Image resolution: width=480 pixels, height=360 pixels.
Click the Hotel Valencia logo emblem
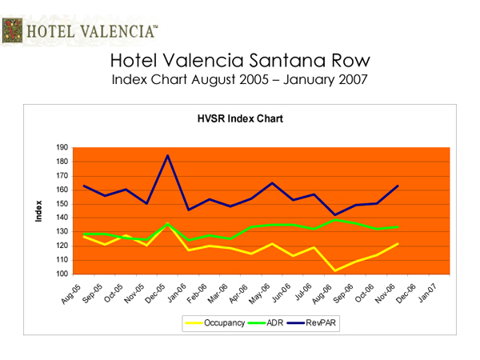coord(13,32)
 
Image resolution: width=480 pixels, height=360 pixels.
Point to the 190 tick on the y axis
coord(62,148)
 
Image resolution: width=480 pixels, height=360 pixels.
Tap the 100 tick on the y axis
coord(62,274)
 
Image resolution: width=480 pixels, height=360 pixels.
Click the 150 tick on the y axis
coord(62,204)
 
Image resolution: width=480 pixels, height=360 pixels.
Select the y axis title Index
coord(38,211)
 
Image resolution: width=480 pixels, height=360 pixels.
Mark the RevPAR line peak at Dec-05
coord(167,156)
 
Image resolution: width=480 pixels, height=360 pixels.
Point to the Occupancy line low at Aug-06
coord(334,270)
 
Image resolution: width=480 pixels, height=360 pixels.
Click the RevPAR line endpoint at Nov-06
coord(398,186)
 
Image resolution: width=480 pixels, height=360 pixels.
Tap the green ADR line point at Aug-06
coord(334,219)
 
